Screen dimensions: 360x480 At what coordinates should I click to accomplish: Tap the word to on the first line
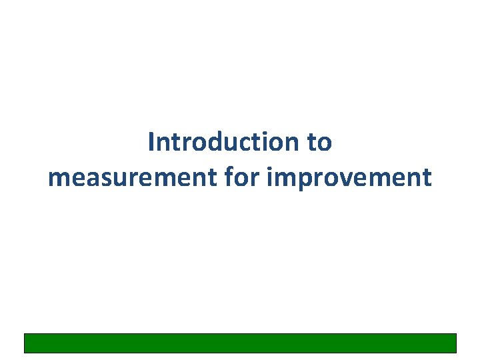click(x=319, y=142)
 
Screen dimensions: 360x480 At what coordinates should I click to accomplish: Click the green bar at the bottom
click(x=240, y=343)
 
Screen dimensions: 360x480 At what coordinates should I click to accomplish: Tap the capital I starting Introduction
click(x=152, y=142)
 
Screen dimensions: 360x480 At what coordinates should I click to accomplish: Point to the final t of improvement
click(x=427, y=177)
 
